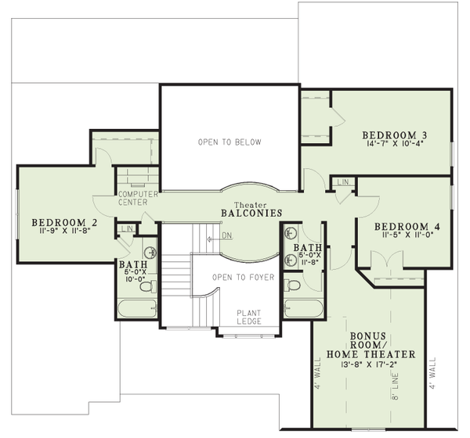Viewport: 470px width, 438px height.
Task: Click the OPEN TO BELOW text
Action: (229, 142)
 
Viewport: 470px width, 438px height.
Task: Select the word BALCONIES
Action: (251, 213)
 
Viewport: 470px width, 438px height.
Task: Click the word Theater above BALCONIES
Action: (250, 203)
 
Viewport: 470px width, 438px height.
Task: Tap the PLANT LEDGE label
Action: (250, 318)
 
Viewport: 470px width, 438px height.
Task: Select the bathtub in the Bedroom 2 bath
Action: (138, 307)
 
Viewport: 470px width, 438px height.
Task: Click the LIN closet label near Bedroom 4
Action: (342, 182)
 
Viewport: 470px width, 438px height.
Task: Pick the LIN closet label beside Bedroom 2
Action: (126, 229)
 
